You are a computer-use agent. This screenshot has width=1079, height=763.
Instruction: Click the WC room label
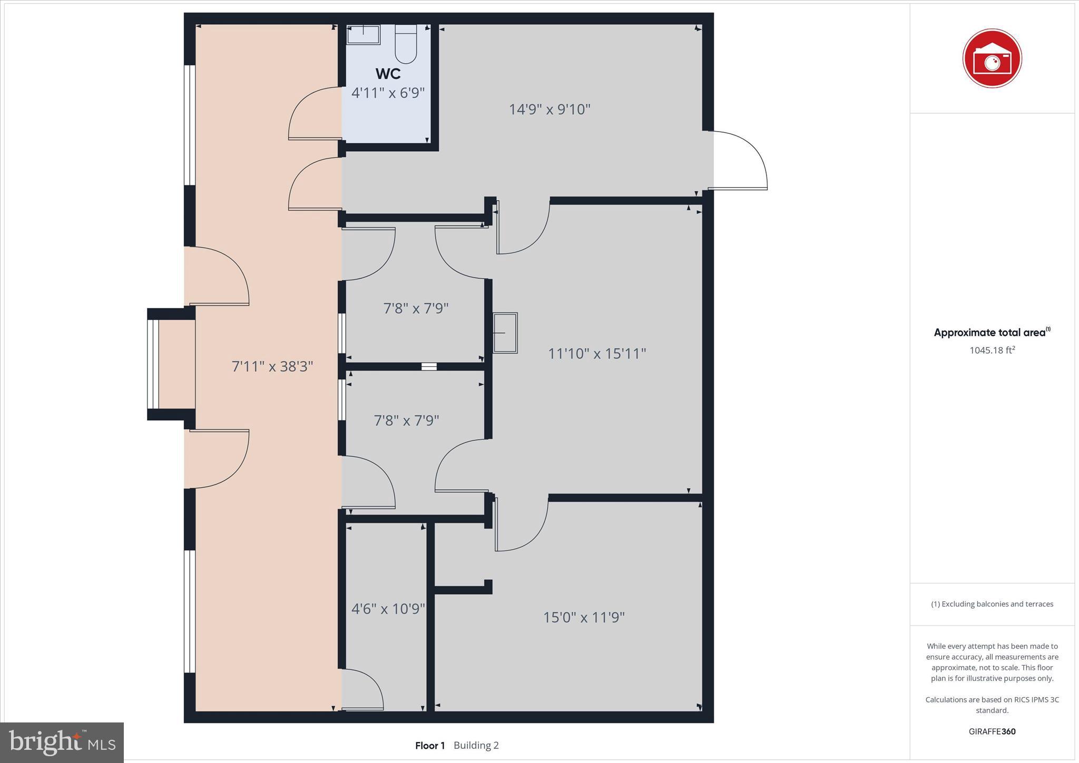(x=388, y=74)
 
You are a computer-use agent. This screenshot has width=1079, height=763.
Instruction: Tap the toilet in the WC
(x=406, y=44)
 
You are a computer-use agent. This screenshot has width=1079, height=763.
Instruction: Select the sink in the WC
(x=363, y=35)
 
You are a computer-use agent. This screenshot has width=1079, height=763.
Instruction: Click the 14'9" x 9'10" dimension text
(x=550, y=110)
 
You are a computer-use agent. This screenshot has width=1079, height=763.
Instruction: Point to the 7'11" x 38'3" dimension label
(x=272, y=366)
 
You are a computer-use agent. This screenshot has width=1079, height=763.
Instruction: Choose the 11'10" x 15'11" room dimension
(x=597, y=353)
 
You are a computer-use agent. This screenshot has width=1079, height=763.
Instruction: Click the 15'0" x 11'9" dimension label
(x=584, y=617)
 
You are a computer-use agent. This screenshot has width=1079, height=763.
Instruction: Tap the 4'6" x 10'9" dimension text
(x=388, y=609)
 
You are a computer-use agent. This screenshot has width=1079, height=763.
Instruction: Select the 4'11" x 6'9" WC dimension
(x=388, y=93)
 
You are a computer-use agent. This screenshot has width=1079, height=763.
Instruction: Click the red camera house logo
(x=992, y=58)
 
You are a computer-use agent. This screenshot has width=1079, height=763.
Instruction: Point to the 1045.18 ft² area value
(x=992, y=350)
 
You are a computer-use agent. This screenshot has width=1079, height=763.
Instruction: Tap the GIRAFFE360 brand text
(x=992, y=731)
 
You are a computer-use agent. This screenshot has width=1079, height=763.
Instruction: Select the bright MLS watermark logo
(x=62, y=742)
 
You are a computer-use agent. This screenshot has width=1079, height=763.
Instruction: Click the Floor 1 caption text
(x=430, y=746)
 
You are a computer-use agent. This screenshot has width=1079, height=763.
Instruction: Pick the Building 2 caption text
(x=476, y=746)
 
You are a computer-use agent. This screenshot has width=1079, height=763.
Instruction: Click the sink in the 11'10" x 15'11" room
(x=505, y=333)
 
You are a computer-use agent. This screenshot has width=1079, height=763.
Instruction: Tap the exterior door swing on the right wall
(x=738, y=160)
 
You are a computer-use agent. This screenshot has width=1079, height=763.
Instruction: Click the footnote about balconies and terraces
(x=992, y=604)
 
